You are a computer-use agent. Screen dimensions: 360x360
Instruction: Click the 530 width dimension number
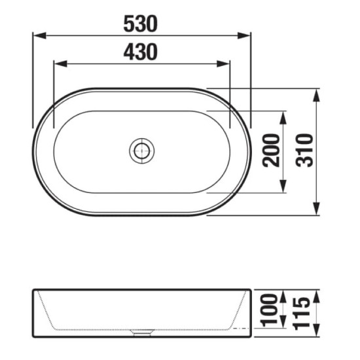click(141, 24)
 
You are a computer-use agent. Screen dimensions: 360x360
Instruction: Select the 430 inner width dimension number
click(141, 52)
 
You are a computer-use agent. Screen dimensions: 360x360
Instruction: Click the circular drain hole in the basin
click(141, 151)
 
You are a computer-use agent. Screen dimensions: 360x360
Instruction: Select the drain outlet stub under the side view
click(141, 333)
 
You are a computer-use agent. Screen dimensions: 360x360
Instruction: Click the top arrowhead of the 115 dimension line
click(317, 293)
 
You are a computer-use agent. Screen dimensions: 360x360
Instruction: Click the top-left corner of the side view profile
click(33, 289)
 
